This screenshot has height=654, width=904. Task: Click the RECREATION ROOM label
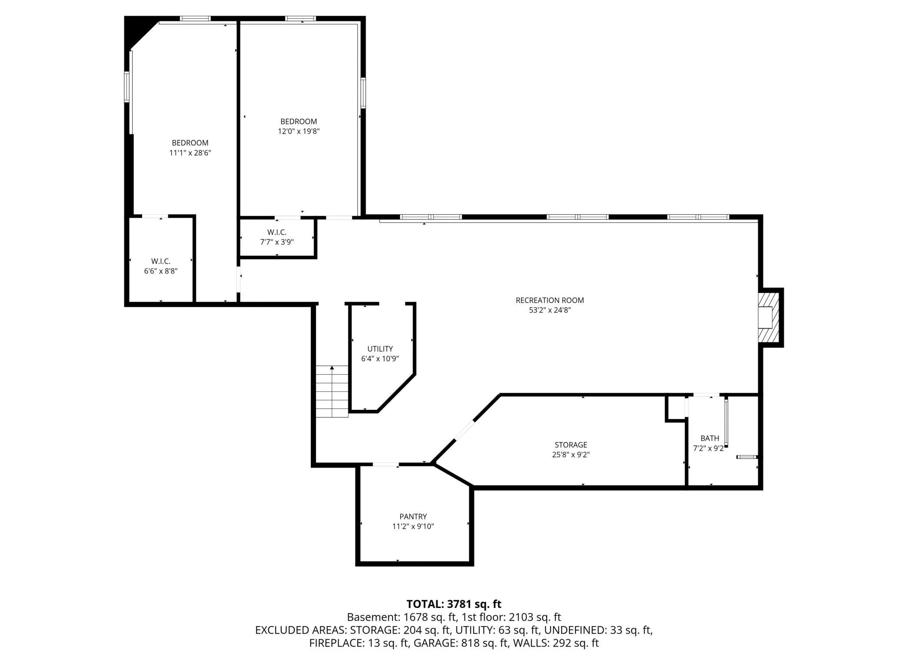[549, 300]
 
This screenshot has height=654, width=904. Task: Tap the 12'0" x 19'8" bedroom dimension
[299, 131]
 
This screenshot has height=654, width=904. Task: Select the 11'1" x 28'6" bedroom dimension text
[190, 153]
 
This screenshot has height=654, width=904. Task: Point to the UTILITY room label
[380, 349]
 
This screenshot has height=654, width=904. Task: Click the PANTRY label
[413, 517]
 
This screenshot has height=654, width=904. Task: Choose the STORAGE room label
[571, 445]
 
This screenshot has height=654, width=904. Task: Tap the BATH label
[710, 438]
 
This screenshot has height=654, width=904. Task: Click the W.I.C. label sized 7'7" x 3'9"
[277, 232]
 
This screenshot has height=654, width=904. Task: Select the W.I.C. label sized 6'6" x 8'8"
[161, 261]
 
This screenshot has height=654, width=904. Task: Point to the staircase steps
[332, 392]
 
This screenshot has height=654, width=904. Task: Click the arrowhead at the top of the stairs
[332, 368]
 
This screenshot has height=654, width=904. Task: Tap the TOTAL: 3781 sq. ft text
[454, 604]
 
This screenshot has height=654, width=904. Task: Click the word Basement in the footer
[372, 617]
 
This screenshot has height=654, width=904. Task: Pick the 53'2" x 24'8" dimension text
[550, 310]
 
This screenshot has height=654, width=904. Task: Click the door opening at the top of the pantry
[386, 465]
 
